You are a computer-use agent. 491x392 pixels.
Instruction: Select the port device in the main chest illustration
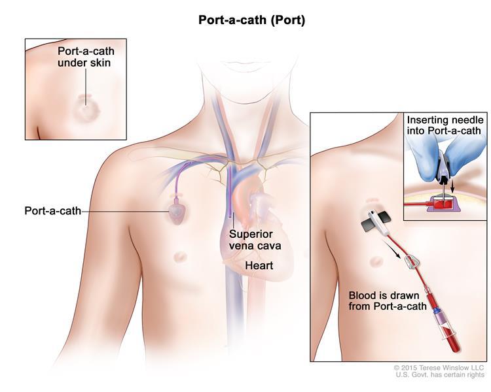click(176, 210)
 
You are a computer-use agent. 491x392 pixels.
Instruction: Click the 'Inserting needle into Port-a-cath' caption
click(444, 126)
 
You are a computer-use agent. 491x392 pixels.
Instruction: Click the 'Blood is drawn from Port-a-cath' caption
click(389, 301)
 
